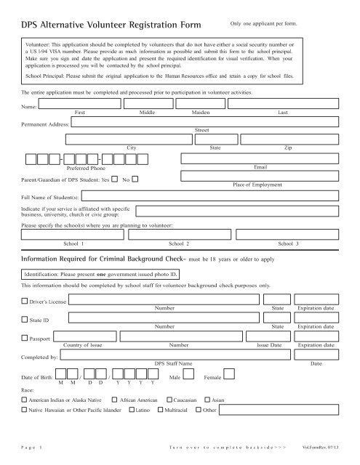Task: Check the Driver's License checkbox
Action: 25,320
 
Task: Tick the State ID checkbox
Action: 25,339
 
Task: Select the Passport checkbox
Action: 25,357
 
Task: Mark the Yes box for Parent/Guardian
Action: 115,179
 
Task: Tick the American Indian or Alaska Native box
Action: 25,400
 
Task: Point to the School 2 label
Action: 180,244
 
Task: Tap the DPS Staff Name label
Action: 174,363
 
